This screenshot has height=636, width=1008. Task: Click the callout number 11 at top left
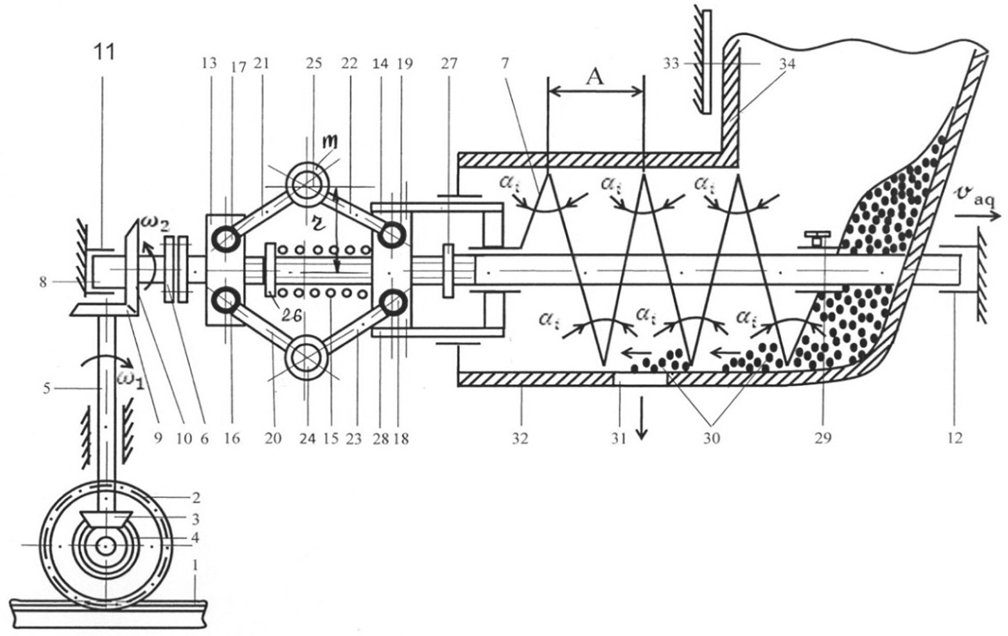pos(105,52)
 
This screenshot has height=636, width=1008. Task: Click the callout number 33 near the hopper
pos(671,64)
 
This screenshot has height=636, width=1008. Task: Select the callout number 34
pos(787,64)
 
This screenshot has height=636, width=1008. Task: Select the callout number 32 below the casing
pos(520,438)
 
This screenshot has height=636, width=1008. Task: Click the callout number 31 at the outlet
pos(619,438)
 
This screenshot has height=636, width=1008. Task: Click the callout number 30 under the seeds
pos(712,438)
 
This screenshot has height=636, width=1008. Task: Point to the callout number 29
pos(823,438)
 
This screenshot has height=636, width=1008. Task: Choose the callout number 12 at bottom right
pos(955,438)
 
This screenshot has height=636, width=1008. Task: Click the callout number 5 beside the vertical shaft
pos(47,388)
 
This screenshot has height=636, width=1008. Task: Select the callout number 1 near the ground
pos(195,566)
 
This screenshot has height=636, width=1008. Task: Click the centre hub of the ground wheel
pos(107,545)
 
